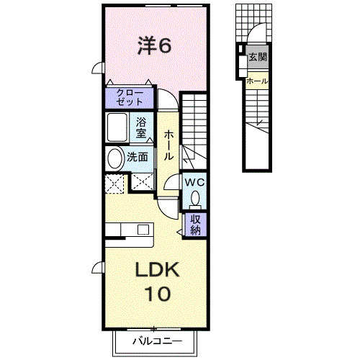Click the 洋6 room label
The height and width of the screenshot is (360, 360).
pos(154,45)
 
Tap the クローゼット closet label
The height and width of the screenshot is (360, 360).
pos(129,96)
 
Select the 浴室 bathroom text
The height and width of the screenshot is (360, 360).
pos(141,127)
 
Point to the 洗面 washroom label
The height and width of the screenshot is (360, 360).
pos(138,157)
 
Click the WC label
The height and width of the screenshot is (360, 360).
pos(194,182)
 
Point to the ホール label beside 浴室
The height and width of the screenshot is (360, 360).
pos(168,145)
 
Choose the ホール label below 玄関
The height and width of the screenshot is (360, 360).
pos(257,81)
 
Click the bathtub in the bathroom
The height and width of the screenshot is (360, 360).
pos(119,128)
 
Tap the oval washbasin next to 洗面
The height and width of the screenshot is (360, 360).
pos(114,158)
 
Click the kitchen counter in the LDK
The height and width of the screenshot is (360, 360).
pos(130,230)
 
